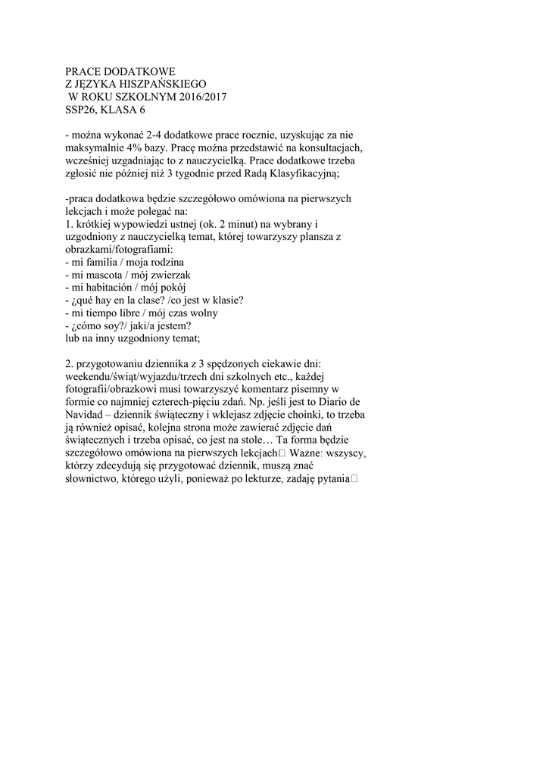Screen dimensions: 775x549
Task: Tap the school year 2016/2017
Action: (x=200, y=97)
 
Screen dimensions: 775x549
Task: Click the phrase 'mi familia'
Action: (x=94, y=262)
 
